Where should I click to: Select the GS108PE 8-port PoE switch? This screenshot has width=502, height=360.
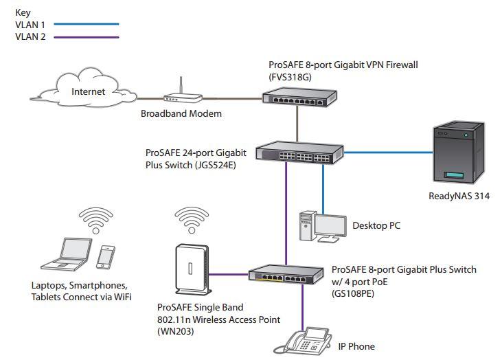285,275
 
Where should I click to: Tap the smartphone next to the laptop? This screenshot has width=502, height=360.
104,257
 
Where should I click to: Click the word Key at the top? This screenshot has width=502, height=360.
23,12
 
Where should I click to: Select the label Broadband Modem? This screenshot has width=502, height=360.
181,113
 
